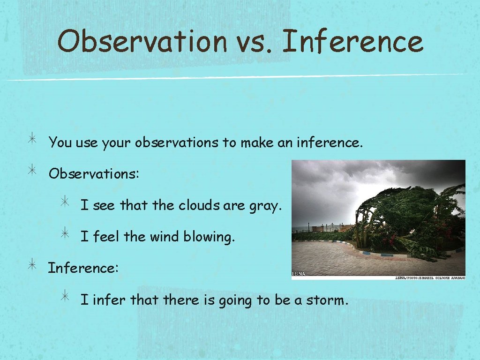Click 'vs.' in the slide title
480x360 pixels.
(x=254, y=41)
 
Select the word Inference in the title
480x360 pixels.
(x=352, y=41)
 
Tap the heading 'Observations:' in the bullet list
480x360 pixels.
(x=94, y=173)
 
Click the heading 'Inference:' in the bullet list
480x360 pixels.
(x=83, y=268)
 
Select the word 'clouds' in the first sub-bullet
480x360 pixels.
(x=202, y=205)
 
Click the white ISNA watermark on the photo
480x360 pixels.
(x=299, y=274)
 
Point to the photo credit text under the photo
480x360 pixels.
(x=429, y=277)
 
